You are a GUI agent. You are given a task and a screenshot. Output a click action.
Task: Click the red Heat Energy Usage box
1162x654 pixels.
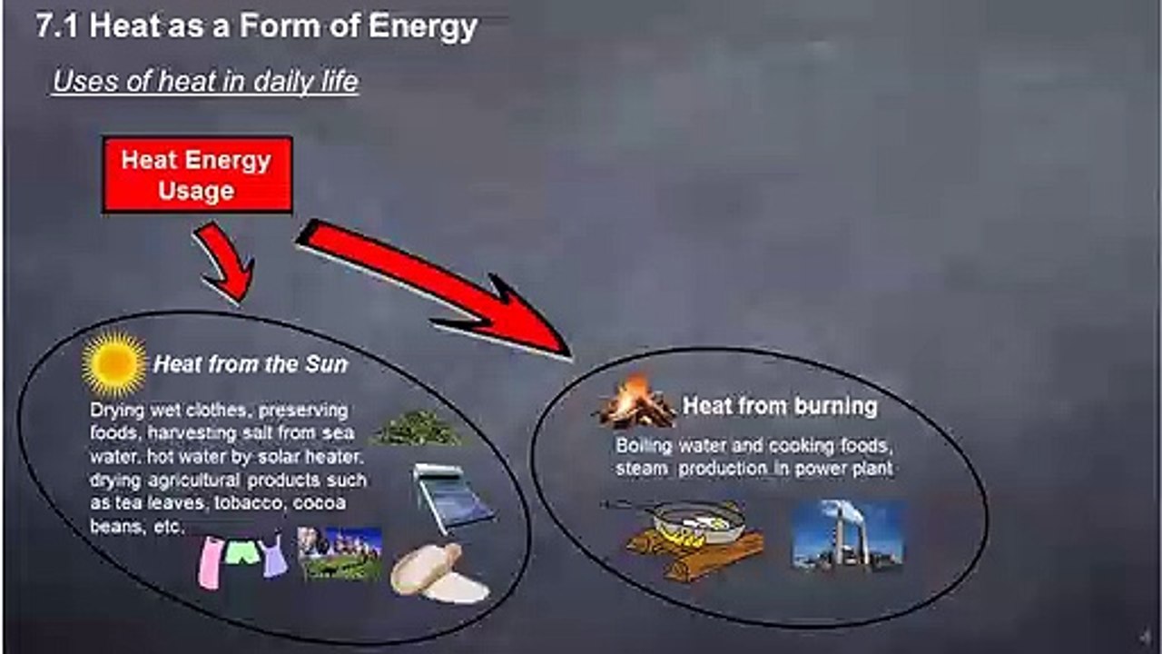coord(197,175)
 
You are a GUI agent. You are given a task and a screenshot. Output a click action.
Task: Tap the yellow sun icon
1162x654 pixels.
coord(114,363)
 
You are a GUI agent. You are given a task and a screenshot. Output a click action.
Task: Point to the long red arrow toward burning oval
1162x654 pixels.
coord(435,288)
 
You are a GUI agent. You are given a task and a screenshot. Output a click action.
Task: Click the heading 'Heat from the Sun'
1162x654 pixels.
coord(251,364)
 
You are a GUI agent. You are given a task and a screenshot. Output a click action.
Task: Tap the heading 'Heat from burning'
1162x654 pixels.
coord(779,406)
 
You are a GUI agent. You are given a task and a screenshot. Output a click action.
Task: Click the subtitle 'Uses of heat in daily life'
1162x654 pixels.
coord(205,82)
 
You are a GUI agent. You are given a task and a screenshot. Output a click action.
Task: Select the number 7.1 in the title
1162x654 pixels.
coord(56,26)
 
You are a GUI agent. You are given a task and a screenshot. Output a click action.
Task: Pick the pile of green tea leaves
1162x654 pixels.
coord(418,428)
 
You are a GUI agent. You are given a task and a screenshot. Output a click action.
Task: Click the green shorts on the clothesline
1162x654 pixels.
coord(242,552)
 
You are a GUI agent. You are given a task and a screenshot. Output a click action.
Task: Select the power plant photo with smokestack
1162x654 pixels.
coord(847,535)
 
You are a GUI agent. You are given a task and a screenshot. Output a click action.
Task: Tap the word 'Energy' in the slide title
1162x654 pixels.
coord(423,27)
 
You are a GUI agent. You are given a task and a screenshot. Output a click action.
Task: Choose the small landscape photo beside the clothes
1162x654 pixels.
coord(340,553)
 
